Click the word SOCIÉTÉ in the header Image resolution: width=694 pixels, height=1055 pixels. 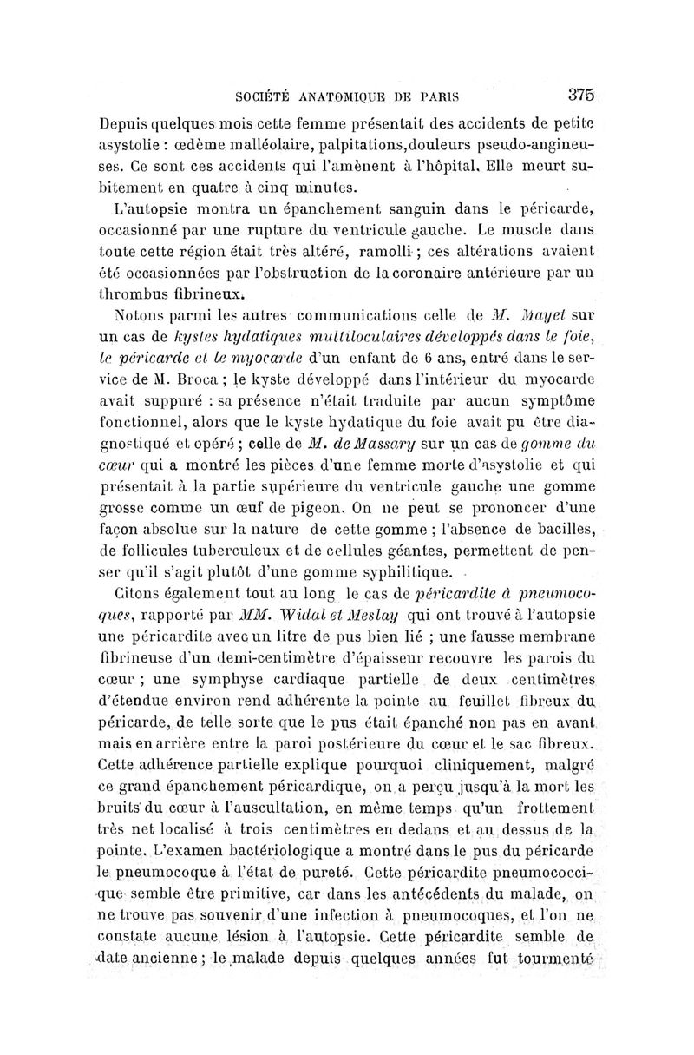[x=263, y=97]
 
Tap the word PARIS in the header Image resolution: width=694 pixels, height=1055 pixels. [x=440, y=97]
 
